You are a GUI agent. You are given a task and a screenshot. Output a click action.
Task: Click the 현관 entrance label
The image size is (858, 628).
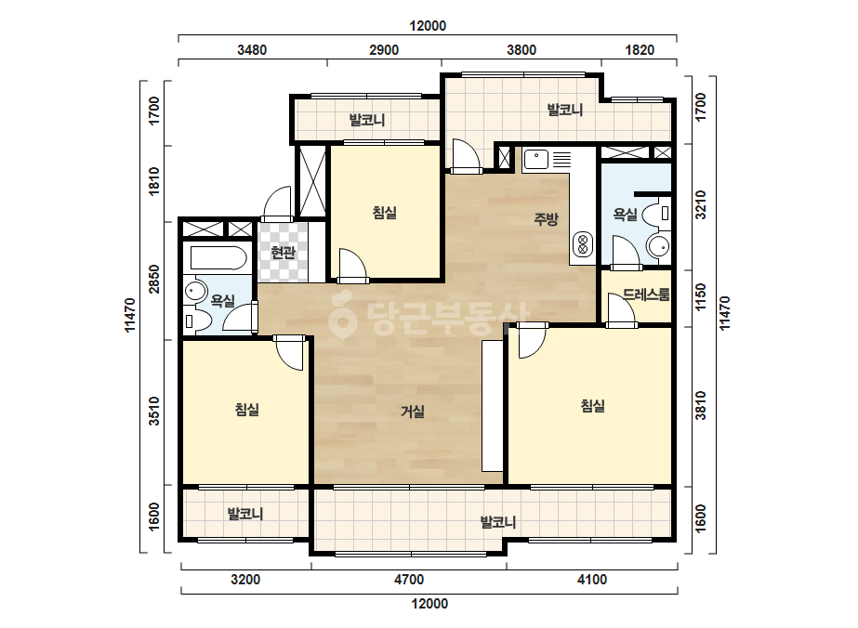pos(283,252)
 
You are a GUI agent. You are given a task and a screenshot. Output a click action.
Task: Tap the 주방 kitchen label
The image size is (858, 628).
pos(546,219)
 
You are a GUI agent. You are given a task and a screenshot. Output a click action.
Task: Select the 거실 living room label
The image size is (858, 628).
pos(412,411)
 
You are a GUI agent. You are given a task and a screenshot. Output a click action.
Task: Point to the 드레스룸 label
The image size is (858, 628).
pos(646,294)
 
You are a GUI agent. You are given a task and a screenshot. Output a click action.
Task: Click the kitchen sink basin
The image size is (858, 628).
pos(536,159)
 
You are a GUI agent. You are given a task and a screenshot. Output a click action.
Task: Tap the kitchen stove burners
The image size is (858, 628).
pos(582,244)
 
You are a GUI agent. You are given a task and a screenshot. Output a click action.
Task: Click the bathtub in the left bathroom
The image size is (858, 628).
pos(218,257)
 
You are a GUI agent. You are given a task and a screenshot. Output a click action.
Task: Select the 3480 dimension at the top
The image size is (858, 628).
pos(252,50)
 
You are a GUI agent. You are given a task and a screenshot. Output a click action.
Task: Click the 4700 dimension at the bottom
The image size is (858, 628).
pos(409,580)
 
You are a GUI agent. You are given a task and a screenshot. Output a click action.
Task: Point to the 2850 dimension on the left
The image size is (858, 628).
pos(154,279)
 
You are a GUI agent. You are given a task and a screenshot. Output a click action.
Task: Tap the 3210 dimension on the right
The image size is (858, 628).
pos(700,205)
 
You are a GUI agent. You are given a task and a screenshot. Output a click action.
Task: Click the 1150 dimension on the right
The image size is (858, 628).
pos(700,296)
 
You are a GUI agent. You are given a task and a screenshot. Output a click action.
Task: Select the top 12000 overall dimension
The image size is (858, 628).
pos(428,26)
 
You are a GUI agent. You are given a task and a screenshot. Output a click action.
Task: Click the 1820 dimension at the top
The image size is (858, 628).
pos(640,50)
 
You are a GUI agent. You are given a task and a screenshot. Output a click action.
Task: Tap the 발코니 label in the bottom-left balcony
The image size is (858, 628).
pos(245,514)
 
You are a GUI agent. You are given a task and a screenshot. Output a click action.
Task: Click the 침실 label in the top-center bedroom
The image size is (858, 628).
pos(384,212)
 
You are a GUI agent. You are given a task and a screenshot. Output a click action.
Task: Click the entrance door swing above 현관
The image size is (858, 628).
pos(278,203)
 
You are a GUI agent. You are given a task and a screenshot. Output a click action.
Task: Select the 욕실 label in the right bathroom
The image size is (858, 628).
pos(625,214)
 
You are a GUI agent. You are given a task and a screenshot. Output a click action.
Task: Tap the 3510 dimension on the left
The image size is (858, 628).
pos(154,411)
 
